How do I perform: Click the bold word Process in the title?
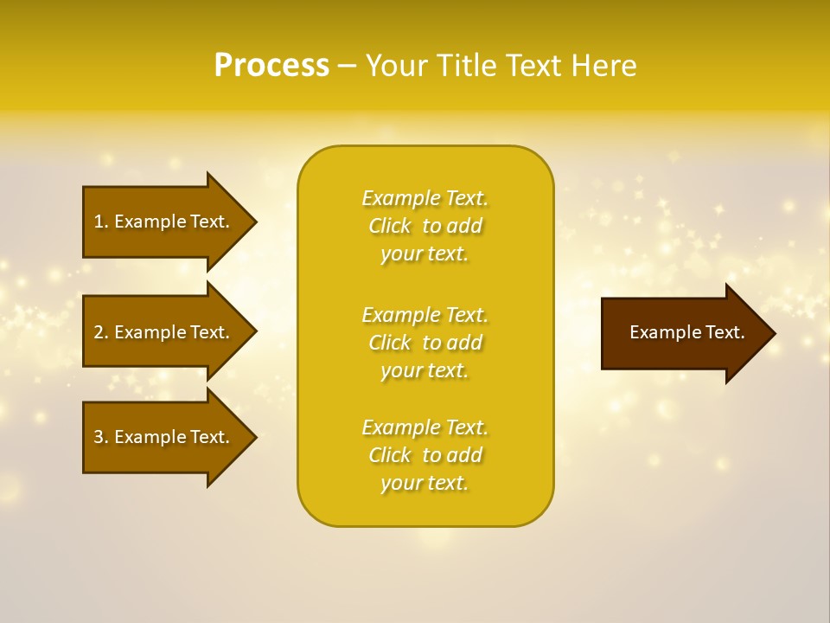[x=271, y=66]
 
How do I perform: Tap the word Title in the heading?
[x=468, y=66]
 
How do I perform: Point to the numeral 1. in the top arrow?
[x=101, y=222]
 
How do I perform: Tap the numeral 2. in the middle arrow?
[x=101, y=332]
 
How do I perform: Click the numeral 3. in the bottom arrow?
[x=101, y=437]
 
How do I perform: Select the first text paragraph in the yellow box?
[x=425, y=226]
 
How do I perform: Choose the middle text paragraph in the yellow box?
[x=425, y=343]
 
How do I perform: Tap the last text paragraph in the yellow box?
[x=425, y=455]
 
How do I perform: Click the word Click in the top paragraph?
[x=390, y=226]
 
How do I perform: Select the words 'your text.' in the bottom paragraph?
[x=425, y=483]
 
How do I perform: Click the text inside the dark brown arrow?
[x=686, y=332]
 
